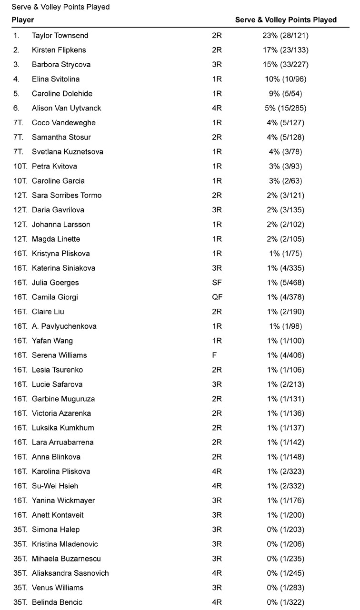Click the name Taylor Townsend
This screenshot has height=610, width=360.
(60, 35)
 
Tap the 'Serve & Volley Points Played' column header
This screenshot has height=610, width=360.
(286, 20)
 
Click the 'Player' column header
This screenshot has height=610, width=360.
(22, 20)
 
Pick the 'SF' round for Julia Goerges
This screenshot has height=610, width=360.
(217, 283)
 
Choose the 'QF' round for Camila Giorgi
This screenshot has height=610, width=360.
(217, 297)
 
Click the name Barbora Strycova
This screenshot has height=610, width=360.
(61, 65)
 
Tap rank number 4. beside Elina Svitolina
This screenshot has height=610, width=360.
(17, 79)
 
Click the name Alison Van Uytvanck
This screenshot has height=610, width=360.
(66, 108)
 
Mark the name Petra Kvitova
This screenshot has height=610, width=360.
(54, 167)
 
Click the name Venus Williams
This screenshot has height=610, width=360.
(58, 588)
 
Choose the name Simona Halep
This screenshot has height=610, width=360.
(56, 530)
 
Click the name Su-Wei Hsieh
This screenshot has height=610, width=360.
(55, 486)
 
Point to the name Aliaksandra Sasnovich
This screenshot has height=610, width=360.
(70, 573)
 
